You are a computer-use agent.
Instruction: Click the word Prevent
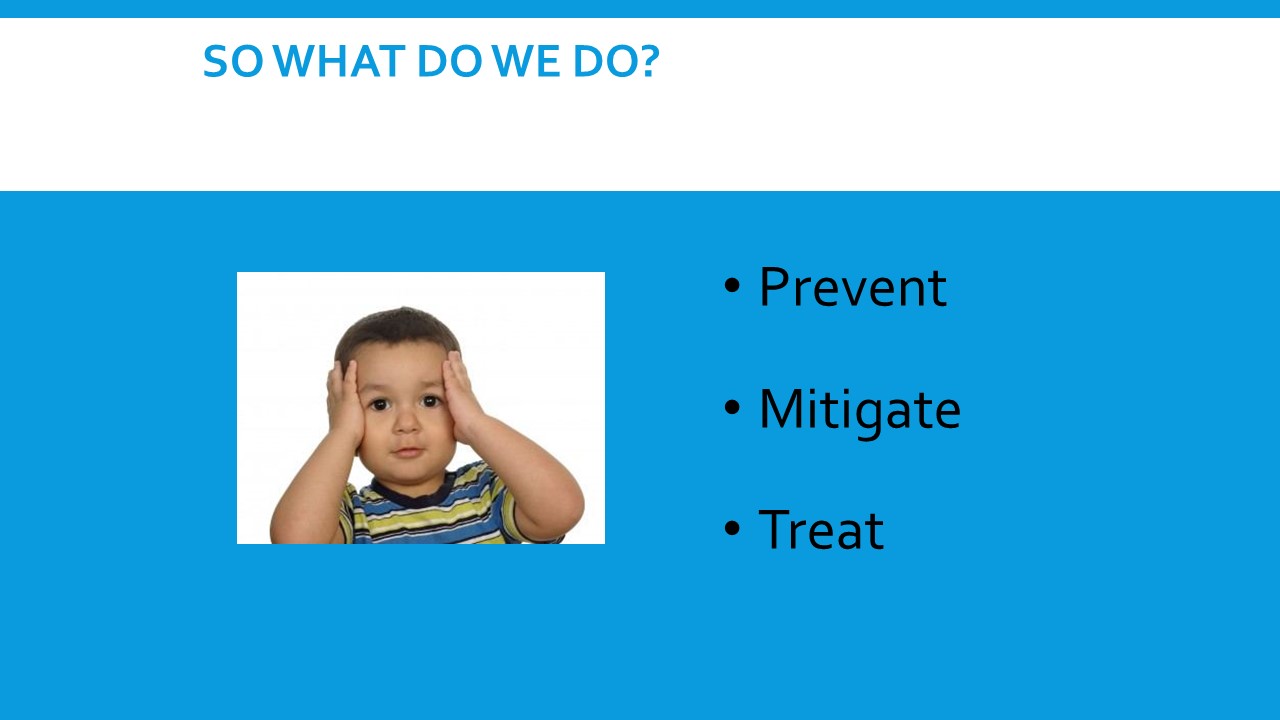[853, 287]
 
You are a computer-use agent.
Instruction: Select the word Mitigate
[859, 410]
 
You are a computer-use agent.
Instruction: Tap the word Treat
[821, 530]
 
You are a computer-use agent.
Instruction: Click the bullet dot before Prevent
[732, 285]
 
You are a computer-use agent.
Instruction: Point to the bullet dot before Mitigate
[732, 407]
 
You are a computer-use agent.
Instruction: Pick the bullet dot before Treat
[732, 528]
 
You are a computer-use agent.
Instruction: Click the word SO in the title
[233, 61]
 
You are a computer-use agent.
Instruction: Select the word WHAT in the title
[339, 61]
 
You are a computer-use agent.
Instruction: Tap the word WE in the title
[526, 61]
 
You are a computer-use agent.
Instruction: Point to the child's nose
[406, 421]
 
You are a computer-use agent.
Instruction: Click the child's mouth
[407, 451]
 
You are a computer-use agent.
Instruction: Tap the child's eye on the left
[378, 404]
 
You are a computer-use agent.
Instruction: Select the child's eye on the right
[431, 401]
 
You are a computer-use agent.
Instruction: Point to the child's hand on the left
[344, 403]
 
